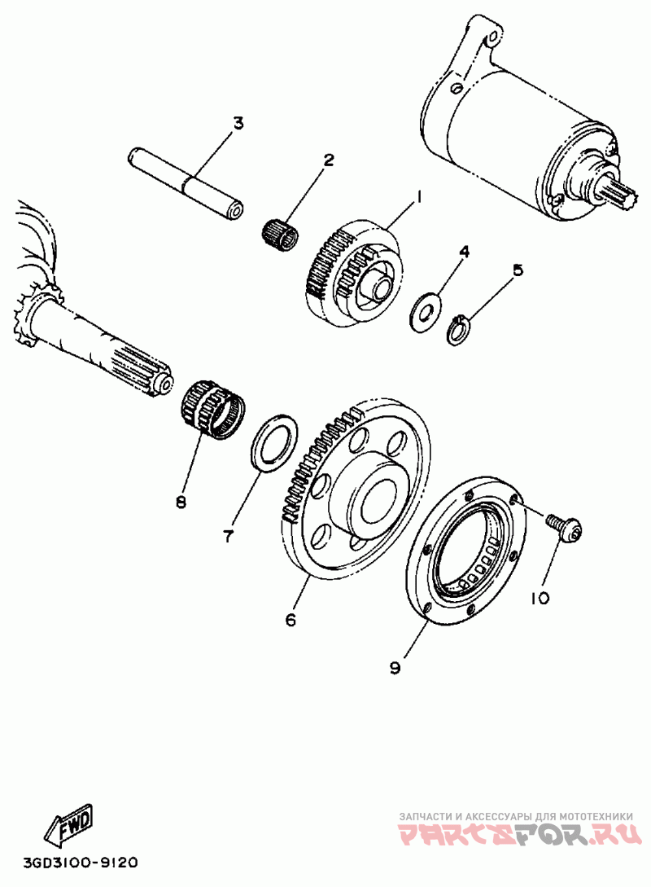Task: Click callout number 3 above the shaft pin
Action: [x=238, y=124]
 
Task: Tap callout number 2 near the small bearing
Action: [x=329, y=160]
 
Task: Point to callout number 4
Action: [x=463, y=252]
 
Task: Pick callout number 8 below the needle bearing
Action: [x=181, y=501]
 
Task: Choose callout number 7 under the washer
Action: [x=229, y=536]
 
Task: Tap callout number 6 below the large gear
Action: [x=291, y=620]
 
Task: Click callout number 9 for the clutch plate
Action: [x=395, y=667]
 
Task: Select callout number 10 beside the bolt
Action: [x=540, y=599]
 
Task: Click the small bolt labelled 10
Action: [x=565, y=525]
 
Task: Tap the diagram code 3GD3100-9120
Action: [x=81, y=862]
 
